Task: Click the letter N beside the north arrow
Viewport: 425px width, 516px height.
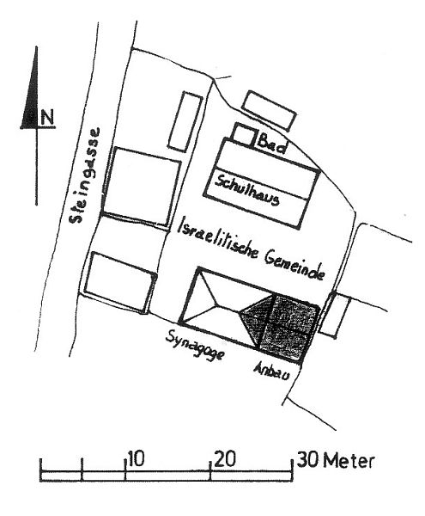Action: point(47,118)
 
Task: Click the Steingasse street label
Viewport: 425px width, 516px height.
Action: point(85,175)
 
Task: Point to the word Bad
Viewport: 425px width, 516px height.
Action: point(271,144)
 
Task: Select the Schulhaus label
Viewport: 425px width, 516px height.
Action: point(247,190)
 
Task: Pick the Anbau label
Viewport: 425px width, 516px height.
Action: point(272,372)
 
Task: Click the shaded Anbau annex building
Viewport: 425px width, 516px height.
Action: point(289,328)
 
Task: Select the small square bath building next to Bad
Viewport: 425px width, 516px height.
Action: point(244,135)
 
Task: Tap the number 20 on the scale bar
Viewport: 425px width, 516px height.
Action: point(225,458)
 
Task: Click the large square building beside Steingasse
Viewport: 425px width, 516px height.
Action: point(142,187)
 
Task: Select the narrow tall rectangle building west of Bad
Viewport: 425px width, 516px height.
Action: point(185,121)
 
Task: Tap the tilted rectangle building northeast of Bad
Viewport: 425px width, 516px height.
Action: point(269,110)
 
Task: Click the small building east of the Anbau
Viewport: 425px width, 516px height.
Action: point(335,316)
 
